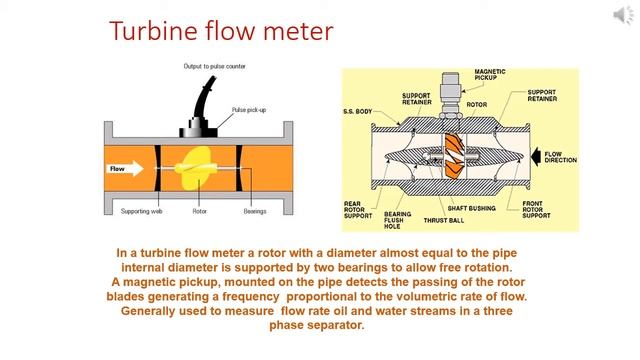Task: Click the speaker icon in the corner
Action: pos(623,15)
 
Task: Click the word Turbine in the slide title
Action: pos(153,31)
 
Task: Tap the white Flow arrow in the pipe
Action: pos(125,169)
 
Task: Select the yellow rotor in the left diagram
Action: pos(193,168)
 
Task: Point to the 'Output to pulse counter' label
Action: pos(214,66)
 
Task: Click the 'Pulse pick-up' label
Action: pos(249,110)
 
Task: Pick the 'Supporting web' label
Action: pos(142,211)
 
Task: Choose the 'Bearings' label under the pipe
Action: pos(255,211)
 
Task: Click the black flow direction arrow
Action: pos(536,157)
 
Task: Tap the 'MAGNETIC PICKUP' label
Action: pos(490,74)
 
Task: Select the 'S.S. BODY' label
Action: pos(358,111)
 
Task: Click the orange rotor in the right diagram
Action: pos(454,156)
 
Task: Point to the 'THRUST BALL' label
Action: pos(444,220)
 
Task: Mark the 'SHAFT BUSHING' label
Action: pos(471,208)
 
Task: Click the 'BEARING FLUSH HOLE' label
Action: pos(398,220)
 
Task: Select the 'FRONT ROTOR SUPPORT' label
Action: pos(536,209)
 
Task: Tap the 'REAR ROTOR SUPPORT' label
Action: pos(358,210)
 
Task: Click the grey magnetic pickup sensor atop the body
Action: pos(451,95)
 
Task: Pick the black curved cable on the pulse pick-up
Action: pos(203,98)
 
